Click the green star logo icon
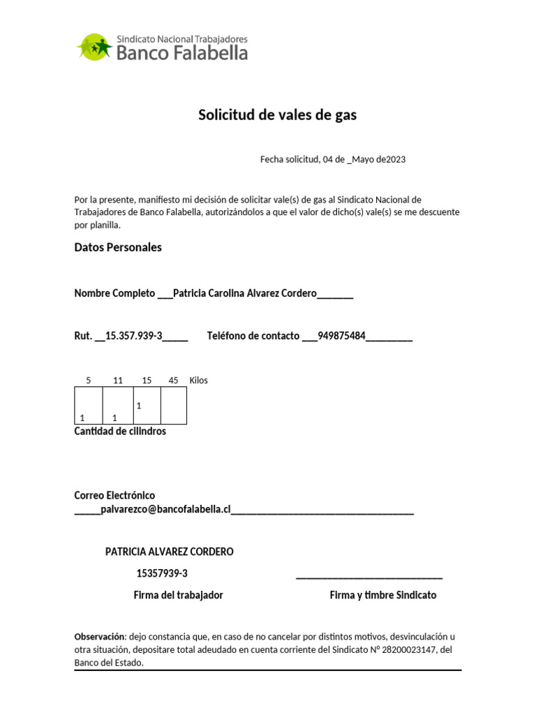point(94,47)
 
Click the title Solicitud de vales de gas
point(277,115)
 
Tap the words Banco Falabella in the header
point(181,53)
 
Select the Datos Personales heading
point(118,248)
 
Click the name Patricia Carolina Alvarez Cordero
point(244,293)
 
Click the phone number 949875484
point(341,336)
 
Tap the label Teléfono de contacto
point(253,336)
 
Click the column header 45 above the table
point(173,381)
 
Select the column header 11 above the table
point(117,381)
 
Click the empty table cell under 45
point(174,406)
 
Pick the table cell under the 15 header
point(147,406)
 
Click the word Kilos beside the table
point(198,381)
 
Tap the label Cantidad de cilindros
point(120,432)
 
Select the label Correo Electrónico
point(114,495)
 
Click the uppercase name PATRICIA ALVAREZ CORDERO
point(169,552)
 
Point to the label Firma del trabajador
point(178,596)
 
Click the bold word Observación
point(100,637)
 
